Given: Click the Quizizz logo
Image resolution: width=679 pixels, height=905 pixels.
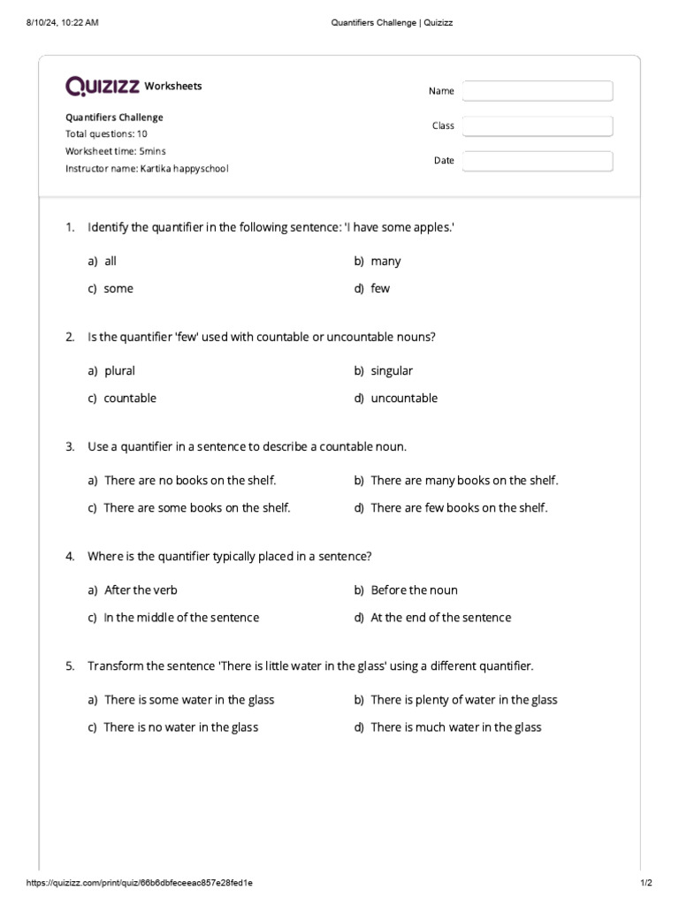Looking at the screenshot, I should click(103, 86).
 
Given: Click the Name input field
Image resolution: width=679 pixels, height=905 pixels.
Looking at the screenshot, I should click(537, 91).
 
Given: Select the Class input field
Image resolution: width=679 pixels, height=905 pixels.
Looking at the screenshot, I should click(537, 126).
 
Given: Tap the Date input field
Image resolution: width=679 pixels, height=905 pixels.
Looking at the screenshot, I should click(537, 161).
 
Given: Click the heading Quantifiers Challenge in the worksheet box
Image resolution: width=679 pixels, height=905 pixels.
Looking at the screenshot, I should click(114, 118).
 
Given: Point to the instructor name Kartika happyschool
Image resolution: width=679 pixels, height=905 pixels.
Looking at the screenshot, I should click(147, 168).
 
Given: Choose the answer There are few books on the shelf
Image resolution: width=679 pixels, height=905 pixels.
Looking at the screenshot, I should click(459, 508).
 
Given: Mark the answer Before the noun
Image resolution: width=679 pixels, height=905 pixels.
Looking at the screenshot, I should click(414, 590).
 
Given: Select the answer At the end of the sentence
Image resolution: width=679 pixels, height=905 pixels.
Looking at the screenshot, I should click(440, 618).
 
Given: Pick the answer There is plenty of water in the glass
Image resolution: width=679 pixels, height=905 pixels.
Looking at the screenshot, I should click(463, 700).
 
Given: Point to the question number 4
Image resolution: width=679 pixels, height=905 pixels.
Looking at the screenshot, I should click(70, 557).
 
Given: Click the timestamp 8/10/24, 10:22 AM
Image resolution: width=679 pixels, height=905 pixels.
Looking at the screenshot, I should click(62, 22).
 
